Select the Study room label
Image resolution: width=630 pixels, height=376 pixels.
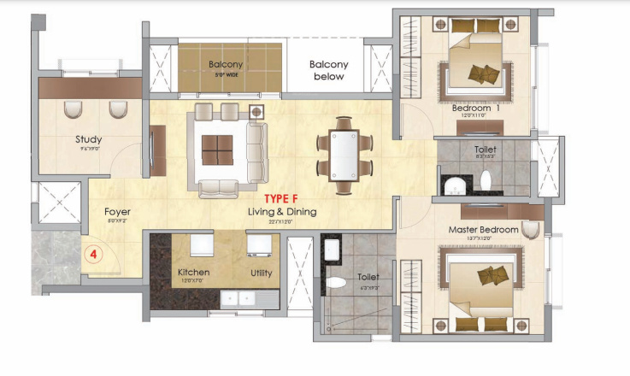click(88, 139)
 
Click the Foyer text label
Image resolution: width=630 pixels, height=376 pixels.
click(117, 211)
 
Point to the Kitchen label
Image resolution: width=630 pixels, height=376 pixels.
click(193, 273)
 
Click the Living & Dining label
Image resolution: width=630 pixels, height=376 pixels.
click(282, 212)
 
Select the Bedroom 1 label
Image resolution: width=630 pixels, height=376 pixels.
click(476, 109)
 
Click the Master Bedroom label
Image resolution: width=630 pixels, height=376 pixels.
click(484, 230)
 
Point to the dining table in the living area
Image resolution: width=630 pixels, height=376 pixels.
click(344, 155)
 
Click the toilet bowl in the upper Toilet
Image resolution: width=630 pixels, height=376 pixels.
click(486, 180)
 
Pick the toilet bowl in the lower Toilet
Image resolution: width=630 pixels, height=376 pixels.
click(337, 281)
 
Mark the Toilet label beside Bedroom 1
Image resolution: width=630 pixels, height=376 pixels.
click(485, 149)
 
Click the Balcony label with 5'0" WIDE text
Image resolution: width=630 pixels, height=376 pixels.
click(226, 65)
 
